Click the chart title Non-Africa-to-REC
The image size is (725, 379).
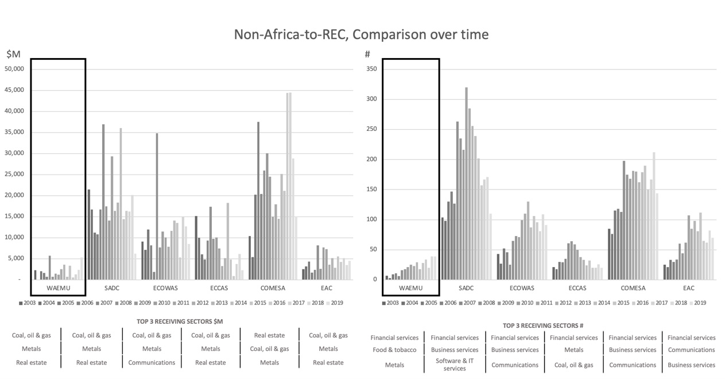click(x=361, y=34)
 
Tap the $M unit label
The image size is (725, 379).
click(x=13, y=55)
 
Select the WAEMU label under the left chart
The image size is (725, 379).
click(x=58, y=288)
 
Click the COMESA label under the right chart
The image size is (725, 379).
click(x=633, y=288)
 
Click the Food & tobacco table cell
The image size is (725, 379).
click(x=394, y=350)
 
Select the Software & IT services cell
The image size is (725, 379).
click(x=455, y=365)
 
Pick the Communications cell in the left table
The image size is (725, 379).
click(x=152, y=362)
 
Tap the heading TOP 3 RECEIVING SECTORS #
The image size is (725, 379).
click(x=543, y=325)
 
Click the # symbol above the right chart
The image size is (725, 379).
click(x=367, y=55)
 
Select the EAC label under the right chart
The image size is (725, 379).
click(x=688, y=288)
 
